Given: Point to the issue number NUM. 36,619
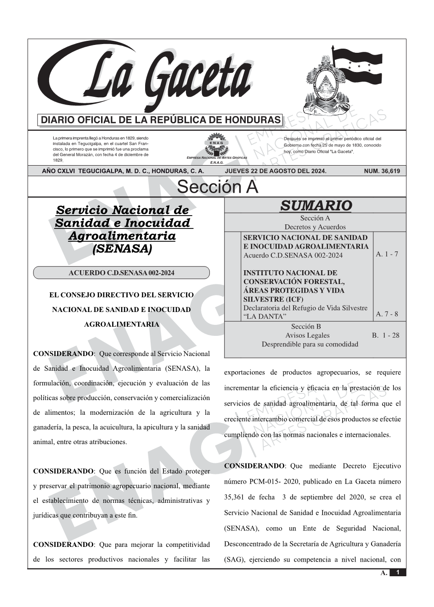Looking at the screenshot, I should click(x=382, y=171).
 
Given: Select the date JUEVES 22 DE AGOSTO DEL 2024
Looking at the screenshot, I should click(x=276, y=171).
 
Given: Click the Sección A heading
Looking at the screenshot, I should click(x=217, y=187).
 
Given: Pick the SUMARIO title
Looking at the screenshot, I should click(x=316, y=206).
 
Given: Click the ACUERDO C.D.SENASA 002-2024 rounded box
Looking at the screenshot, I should click(x=121, y=273).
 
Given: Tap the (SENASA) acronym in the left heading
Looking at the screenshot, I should click(x=122, y=249).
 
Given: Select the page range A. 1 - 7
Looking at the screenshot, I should click(x=387, y=254).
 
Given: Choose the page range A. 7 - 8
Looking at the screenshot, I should click(x=387, y=314).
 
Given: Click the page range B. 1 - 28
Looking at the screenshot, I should click(x=385, y=335).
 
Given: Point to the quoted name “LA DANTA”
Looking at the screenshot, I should click(x=265, y=317).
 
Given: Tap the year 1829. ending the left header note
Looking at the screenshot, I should click(x=58, y=160).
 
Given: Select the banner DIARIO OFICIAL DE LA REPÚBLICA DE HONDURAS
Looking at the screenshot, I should click(x=161, y=120).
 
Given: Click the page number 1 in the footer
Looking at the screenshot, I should click(x=398, y=573).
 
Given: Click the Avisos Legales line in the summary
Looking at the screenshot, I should click(x=307, y=335).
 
